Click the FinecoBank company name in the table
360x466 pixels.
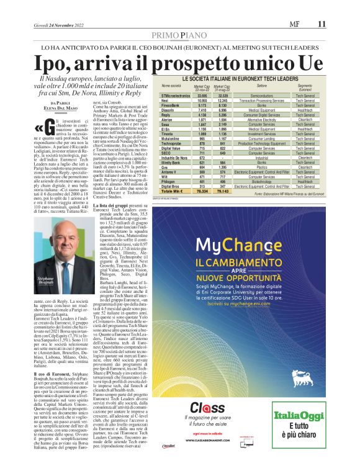pyautogui.click(x=170, y=105)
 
